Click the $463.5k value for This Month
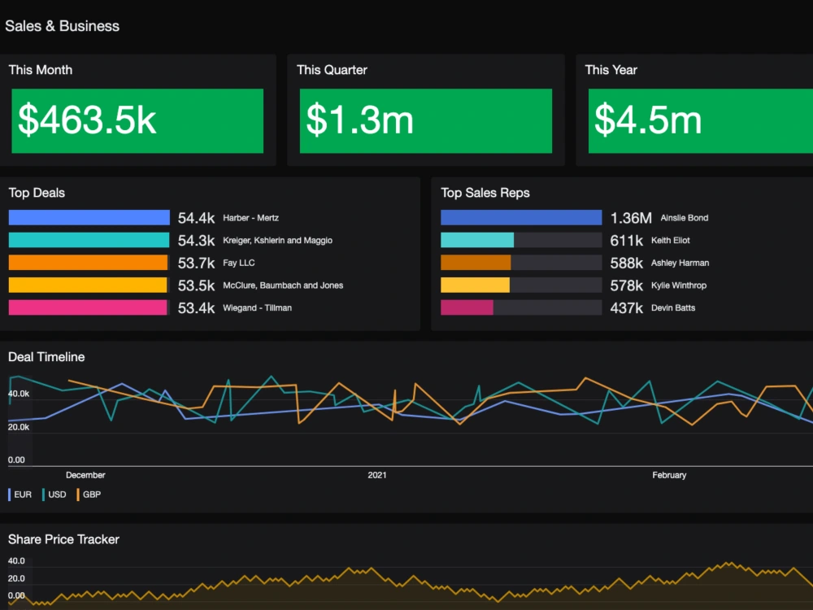88,120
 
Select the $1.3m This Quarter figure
359,120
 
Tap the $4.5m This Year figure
648,120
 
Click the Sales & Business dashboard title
63,26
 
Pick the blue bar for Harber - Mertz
89,218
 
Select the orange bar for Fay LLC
88,263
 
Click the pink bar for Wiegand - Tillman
88,307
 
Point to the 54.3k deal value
196,241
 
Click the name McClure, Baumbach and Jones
283,285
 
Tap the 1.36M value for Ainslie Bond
631,218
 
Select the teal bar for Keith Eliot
477,241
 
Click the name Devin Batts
673,308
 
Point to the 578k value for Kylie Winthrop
627,285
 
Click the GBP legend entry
90,495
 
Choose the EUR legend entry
22,495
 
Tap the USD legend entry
56,495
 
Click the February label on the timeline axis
669,475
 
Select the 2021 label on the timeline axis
377,475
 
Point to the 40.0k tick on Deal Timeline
19,394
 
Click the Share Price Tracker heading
63,539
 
